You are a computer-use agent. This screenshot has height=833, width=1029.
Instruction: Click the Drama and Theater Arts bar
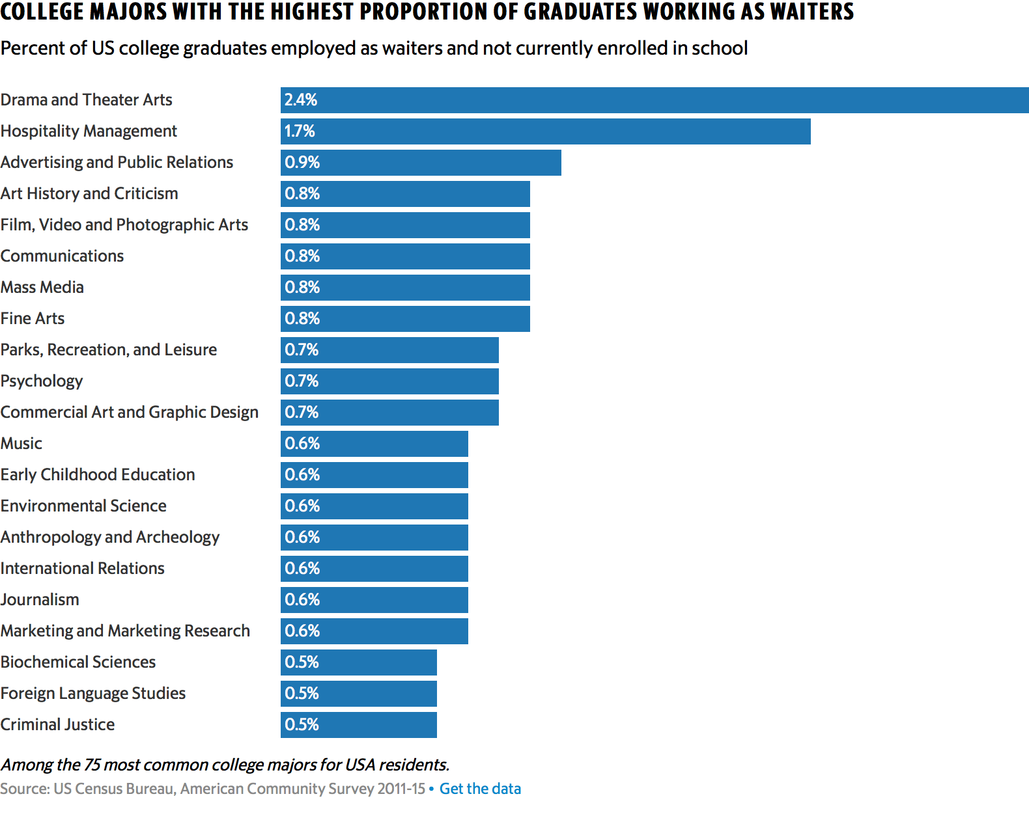(655, 100)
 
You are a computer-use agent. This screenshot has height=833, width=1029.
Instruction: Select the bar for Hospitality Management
(546, 131)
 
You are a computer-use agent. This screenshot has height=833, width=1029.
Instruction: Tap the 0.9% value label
(302, 163)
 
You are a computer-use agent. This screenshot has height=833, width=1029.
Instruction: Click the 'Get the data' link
(480, 789)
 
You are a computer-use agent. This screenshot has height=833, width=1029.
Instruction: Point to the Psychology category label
(42, 381)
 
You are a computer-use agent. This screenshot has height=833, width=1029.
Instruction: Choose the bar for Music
(374, 444)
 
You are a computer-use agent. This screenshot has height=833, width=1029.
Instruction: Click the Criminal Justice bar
(359, 725)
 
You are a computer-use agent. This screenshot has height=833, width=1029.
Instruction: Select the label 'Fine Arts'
(33, 319)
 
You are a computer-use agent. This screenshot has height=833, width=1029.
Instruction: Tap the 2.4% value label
(301, 100)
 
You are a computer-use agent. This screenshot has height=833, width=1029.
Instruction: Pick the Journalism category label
(40, 600)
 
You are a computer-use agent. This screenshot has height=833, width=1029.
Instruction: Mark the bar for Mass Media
(405, 288)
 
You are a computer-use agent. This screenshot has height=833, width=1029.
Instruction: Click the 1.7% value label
(300, 131)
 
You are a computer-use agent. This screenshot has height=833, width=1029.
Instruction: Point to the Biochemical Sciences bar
(359, 662)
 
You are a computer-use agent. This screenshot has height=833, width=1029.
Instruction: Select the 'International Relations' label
(83, 569)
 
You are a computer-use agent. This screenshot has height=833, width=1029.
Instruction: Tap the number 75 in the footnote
(92, 765)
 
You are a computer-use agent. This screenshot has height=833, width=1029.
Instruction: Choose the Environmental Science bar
(374, 506)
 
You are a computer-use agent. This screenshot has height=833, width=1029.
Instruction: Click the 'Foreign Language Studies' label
(93, 694)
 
